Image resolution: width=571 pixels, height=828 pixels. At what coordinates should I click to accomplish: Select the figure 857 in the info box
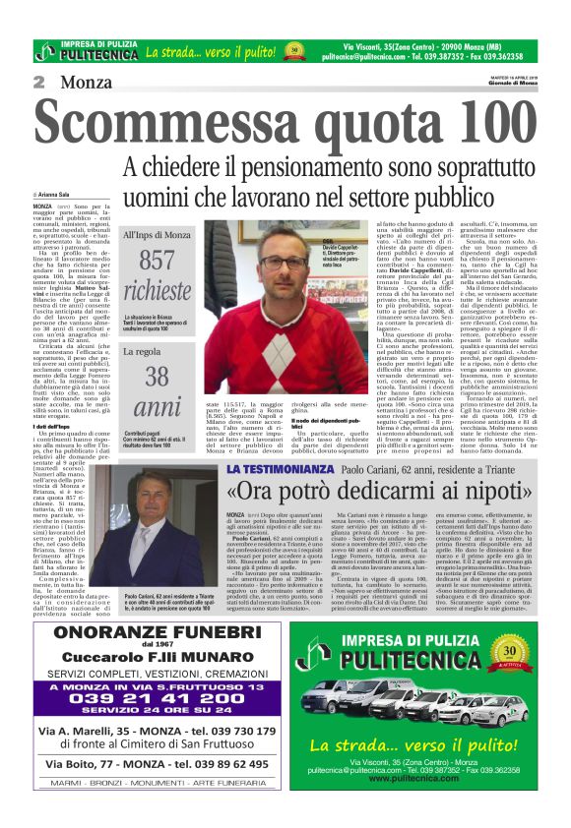click(156, 261)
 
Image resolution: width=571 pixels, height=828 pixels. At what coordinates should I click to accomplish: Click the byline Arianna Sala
click(60, 197)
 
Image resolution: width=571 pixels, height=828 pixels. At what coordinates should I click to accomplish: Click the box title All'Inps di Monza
click(158, 236)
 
